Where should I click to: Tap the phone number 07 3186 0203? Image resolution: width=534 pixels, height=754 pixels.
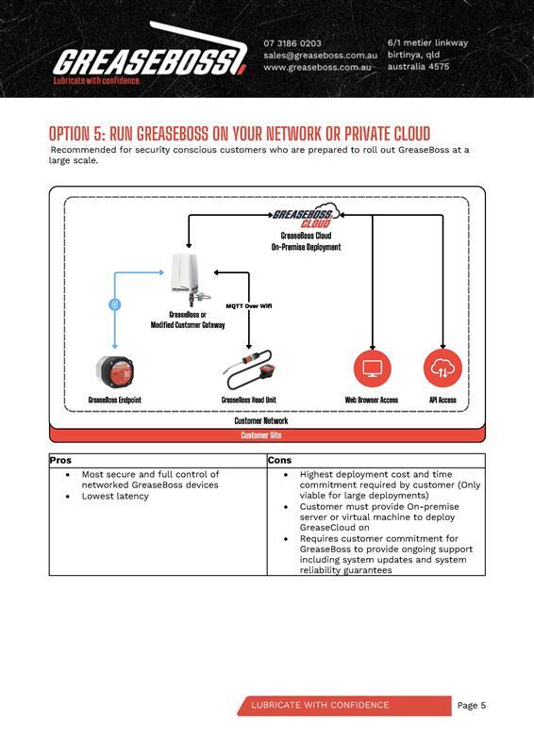(x=292, y=43)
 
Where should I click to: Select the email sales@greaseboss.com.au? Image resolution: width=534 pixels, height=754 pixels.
(x=320, y=56)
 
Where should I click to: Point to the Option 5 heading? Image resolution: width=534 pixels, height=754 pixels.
(x=240, y=133)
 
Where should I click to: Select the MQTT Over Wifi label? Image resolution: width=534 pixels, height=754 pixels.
(x=249, y=306)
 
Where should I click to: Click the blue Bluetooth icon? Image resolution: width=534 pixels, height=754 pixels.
(x=115, y=304)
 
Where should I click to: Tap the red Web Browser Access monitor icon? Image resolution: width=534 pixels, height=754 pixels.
(x=372, y=369)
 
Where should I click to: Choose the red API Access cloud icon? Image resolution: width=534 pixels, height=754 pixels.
(x=442, y=369)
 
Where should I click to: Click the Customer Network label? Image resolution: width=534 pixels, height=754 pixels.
(x=261, y=421)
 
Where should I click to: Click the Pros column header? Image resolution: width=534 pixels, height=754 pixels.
(x=60, y=461)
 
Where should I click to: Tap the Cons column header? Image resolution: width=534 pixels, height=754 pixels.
(x=280, y=461)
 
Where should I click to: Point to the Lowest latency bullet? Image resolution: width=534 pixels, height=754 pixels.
(x=115, y=496)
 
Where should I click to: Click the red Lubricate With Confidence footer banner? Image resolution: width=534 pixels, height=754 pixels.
(x=344, y=705)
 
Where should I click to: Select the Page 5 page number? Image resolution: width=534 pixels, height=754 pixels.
(x=472, y=705)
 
